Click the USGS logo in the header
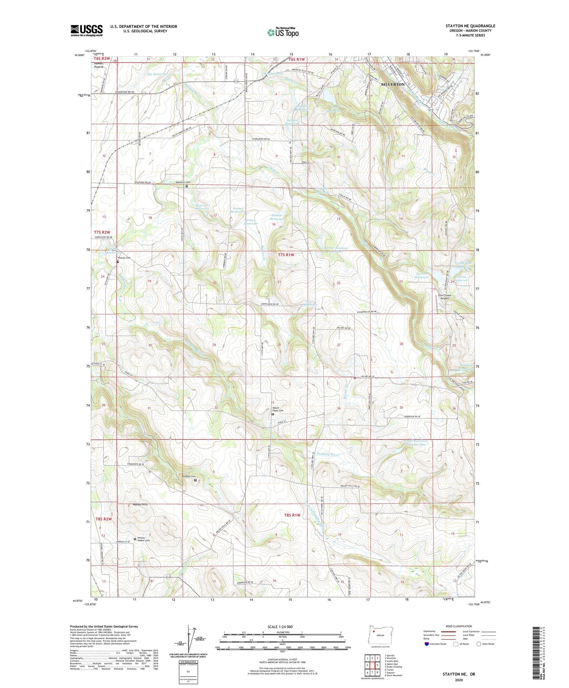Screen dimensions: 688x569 87,30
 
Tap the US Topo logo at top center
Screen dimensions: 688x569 282,32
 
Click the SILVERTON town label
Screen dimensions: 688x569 392,84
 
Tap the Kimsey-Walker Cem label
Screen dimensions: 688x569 143,540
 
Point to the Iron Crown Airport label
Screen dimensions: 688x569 445,297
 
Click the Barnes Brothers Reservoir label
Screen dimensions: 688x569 336,249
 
